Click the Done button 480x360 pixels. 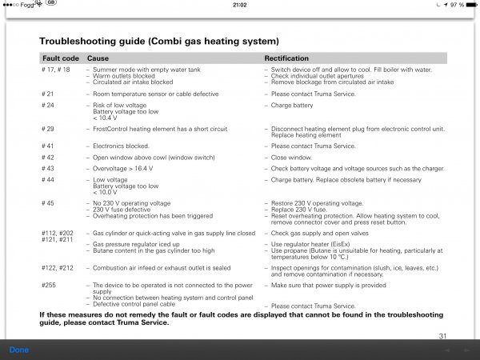tap(18, 350)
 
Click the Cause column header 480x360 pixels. tap(98, 59)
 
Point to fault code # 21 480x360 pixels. tap(47, 93)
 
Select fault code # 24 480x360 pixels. tap(47, 105)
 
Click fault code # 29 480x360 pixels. tap(47, 128)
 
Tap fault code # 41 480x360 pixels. tap(47, 146)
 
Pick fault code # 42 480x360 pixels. tap(47, 158)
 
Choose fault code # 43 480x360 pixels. tap(47, 169)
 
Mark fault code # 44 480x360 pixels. tap(47, 181)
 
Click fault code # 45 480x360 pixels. tap(47, 204)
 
